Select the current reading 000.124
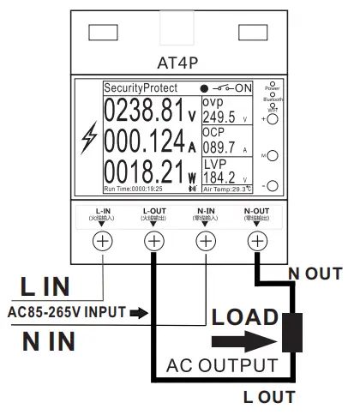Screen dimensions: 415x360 tap(144, 141)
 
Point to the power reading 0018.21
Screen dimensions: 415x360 tap(144, 171)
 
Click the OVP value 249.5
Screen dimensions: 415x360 tap(220, 117)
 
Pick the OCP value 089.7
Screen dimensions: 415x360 tap(219, 148)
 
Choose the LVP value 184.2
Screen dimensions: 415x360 tap(219, 178)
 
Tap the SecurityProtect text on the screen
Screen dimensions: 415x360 tap(141, 88)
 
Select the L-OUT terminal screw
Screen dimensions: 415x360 tap(153, 241)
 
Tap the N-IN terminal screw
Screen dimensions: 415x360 tap(205, 241)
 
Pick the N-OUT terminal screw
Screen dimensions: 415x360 tap(256, 241)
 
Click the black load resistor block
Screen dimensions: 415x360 tap(294, 333)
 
